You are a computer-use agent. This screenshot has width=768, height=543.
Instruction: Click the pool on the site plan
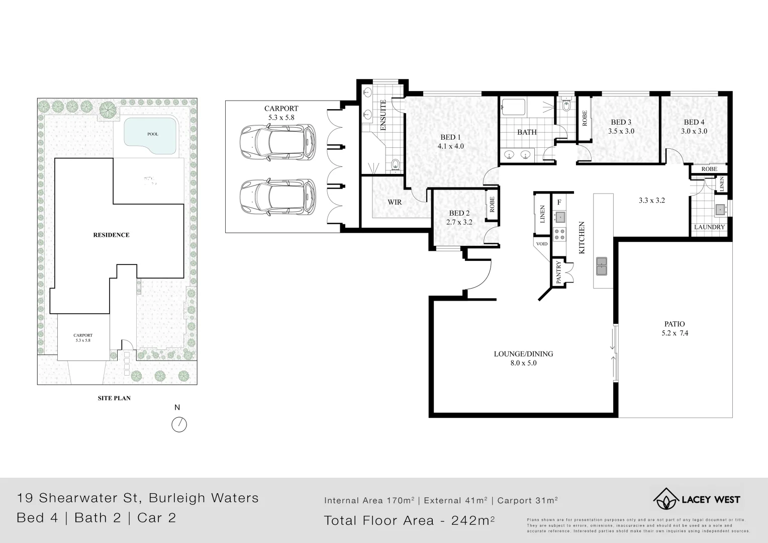coord(151,135)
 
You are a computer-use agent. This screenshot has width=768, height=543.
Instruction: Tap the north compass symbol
coord(179,424)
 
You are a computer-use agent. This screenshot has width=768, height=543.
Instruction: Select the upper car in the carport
coord(278,142)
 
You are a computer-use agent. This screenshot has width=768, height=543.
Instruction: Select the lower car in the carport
coord(278,197)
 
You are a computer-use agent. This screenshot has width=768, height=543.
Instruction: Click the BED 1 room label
coord(450,137)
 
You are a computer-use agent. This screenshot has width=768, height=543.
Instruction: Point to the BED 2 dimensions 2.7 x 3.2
coord(459,222)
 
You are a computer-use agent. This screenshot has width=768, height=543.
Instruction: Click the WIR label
coord(395,202)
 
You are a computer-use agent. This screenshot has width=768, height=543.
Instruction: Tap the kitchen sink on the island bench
coord(601,266)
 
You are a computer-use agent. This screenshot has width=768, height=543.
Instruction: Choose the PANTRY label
coord(558,273)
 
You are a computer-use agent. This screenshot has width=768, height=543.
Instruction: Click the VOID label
coord(542,244)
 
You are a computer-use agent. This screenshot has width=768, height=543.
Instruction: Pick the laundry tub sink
coord(721,209)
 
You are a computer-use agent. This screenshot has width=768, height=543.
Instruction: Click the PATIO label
coord(675,324)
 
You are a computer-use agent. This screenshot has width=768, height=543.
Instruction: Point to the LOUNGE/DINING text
coord(523,354)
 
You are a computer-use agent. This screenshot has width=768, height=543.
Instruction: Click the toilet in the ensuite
coord(396,164)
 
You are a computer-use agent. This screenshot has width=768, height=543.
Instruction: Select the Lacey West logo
coord(696,499)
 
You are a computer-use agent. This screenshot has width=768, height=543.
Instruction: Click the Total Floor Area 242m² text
coord(409,520)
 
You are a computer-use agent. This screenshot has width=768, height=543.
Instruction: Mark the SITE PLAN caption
coord(114,398)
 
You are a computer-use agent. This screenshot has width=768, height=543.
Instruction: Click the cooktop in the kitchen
coord(559,233)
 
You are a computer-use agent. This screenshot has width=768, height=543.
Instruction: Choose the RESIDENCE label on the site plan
coord(111,235)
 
